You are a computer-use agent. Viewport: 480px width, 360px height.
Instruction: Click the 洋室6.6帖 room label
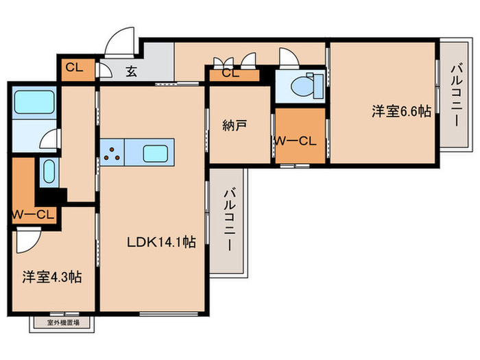[402, 111]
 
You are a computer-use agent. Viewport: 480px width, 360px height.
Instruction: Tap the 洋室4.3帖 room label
[52, 278]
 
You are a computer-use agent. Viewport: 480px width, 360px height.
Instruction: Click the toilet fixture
[301, 86]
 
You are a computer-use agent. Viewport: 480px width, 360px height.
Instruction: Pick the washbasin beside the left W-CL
[48, 172]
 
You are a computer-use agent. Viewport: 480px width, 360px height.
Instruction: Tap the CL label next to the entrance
[75, 67]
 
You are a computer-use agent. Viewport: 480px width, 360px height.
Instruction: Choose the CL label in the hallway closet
[231, 73]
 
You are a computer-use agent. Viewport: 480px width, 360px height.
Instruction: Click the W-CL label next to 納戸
[294, 141]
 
